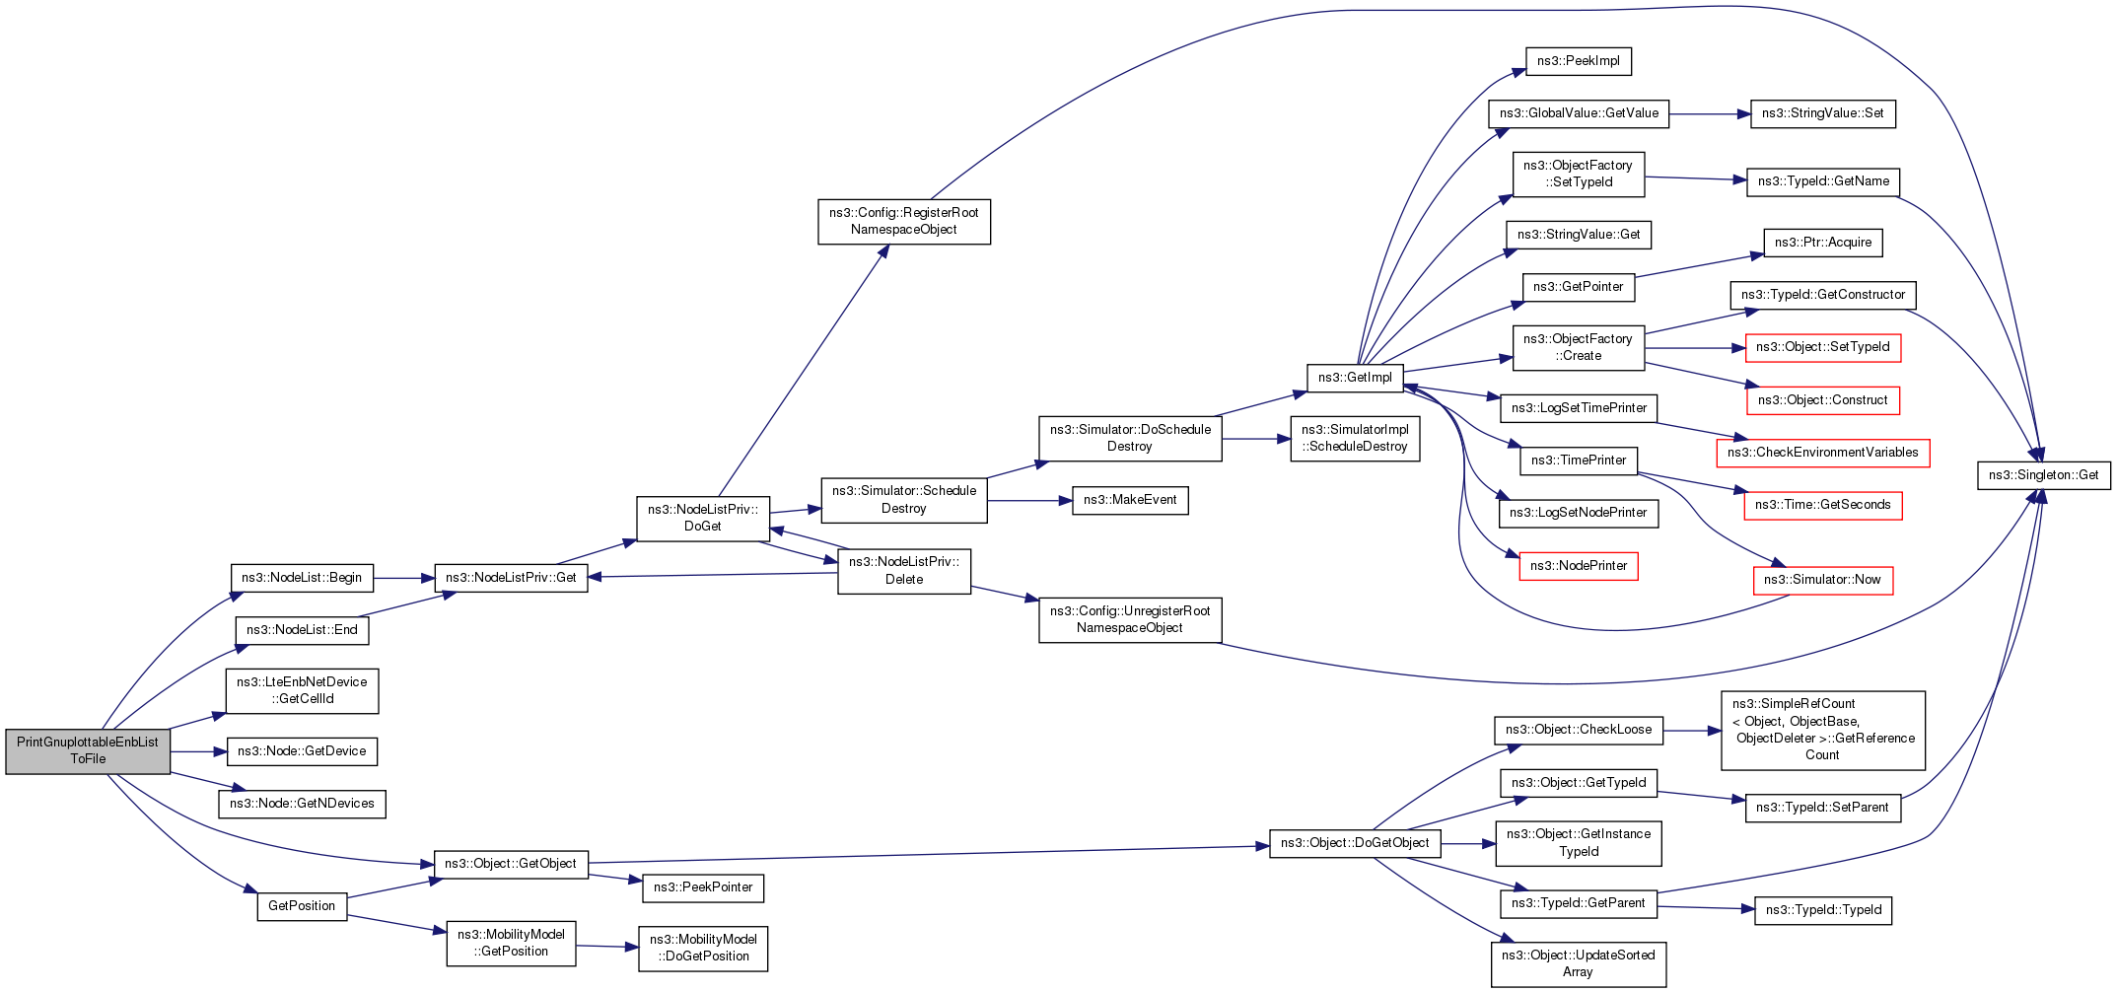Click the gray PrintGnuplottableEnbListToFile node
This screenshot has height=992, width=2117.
(x=88, y=751)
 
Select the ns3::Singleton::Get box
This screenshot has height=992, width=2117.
(x=2043, y=475)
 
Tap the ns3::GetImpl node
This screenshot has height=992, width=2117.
(x=1355, y=378)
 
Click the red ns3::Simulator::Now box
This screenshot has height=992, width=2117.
(x=1822, y=580)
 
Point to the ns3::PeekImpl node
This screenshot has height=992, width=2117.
(x=1578, y=61)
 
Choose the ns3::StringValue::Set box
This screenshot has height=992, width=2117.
(x=1822, y=113)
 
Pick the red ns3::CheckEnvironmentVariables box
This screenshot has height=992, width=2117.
(x=1822, y=453)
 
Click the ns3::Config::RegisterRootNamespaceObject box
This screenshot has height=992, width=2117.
(x=903, y=221)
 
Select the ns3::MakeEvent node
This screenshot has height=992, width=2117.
(x=1130, y=500)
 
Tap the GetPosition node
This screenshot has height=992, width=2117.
(x=302, y=906)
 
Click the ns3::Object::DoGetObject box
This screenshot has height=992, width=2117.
(x=1355, y=843)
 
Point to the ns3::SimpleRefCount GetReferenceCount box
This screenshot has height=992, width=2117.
(x=1822, y=730)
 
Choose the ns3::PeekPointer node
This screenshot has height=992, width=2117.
(x=702, y=887)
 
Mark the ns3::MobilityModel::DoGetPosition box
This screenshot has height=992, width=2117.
(x=702, y=948)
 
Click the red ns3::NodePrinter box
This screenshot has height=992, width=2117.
(x=1578, y=566)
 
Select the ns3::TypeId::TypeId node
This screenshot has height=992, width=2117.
(x=1822, y=910)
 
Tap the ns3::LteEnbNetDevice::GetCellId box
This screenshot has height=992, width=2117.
(x=302, y=690)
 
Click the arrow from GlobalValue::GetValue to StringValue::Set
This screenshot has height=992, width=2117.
(x=1710, y=114)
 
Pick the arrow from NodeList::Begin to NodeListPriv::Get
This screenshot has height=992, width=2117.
(x=403, y=578)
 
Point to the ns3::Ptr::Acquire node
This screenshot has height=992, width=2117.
(x=1822, y=243)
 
